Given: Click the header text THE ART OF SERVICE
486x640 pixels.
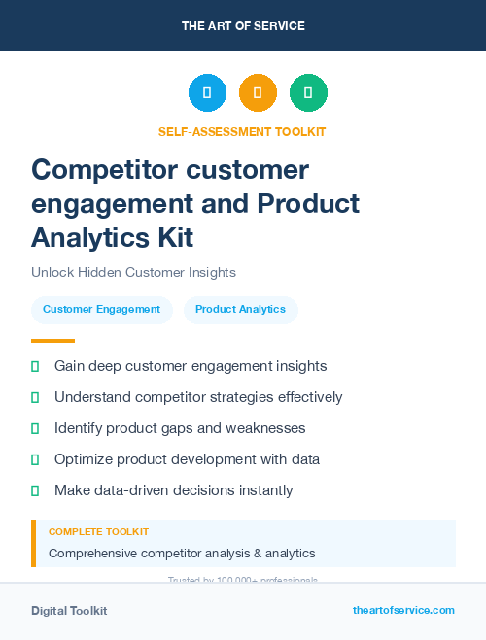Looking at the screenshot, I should pyautogui.click(x=243, y=26).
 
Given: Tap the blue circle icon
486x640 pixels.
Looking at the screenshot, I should pyautogui.click(x=207, y=93).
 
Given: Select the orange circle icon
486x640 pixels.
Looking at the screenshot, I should pyautogui.click(x=258, y=93).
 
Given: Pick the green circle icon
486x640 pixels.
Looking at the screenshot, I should pyautogui.click(x=308, y=93).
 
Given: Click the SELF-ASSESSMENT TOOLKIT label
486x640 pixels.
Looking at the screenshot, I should pyautogui.click(x=243, y=131).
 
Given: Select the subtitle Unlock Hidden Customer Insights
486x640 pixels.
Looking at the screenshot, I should pyautogui.click(x=133, y=273).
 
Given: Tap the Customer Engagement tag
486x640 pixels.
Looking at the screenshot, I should pyautogui.click(x=101, y=310).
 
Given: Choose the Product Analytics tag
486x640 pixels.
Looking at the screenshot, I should pyautogui.click(x=240, y=310).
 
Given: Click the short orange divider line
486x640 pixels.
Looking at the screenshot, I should pyautogui.click(x=52, y=341).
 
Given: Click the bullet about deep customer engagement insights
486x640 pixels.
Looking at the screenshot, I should pyautogui.click(x=191, y=366).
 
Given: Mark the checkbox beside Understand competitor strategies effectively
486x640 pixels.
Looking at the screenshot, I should pyautogui.click(x=35, y=397).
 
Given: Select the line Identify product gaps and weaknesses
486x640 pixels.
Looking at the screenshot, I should pyautogui.click(x=180, y=428).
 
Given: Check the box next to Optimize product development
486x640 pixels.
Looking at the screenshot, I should pyautogui.click(x=35, y=459).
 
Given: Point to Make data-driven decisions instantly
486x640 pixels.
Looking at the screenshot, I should pyautogui.click(x=173, y=490).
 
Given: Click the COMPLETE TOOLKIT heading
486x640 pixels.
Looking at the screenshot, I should pyautogui.click(x=98, y=532).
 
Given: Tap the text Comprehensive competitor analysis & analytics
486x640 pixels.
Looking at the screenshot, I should pyautogui.click(x=182, y=554).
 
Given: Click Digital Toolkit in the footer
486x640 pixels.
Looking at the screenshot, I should pyautogui.click(x=69, y=611).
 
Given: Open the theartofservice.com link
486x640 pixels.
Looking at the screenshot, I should pyautogui.click(x=403, y=610).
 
